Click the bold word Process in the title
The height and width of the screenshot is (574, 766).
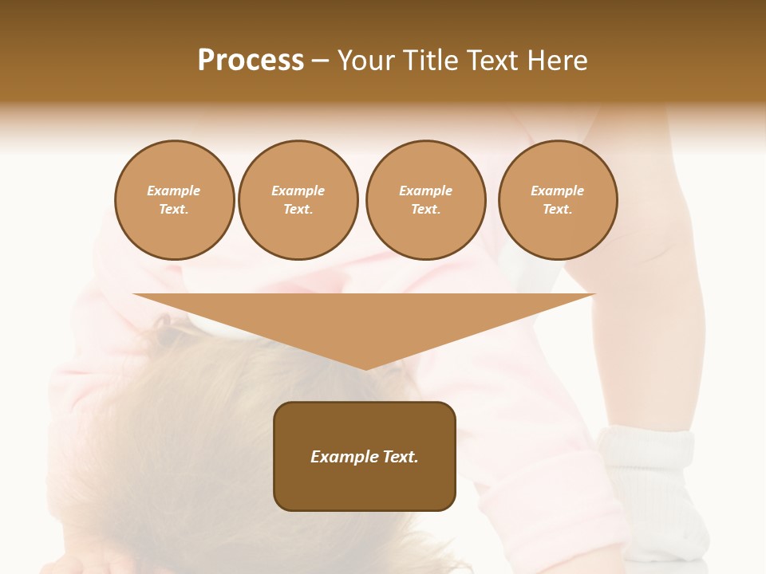[251, 61]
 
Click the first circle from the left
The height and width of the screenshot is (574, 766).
[174, 200]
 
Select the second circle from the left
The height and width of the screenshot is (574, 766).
[298, 200]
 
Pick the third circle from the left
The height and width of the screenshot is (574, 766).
[425, 200]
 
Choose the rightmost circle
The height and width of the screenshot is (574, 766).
[558, 200]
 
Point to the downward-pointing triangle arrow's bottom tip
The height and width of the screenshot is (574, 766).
[365, 368]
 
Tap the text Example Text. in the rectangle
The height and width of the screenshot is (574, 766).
[365, 457]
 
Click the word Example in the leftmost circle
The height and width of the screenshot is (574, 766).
[174, 191]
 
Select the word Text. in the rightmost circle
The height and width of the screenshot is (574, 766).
[558, 210]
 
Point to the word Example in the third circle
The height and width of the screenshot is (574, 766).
[425, 191]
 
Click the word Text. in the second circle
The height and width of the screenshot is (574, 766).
[298, 210]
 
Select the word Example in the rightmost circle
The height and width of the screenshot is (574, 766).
[558, 191]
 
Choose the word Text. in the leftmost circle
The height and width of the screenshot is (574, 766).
[174, 210]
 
